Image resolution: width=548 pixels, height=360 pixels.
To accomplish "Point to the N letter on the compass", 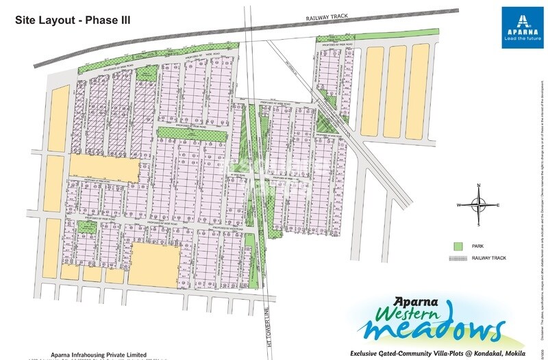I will coord(479,186).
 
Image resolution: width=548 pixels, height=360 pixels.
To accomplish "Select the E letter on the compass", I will coord(499,205).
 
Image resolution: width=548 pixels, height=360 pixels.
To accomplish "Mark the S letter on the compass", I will coord(479,224).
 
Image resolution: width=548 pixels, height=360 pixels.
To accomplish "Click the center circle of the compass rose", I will coord(479,205).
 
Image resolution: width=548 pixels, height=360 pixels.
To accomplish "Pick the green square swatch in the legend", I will coord(458,246).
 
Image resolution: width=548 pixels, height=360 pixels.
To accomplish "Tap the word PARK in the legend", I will coord(478,246).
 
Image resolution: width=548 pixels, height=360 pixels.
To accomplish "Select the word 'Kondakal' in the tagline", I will coord(480,353).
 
